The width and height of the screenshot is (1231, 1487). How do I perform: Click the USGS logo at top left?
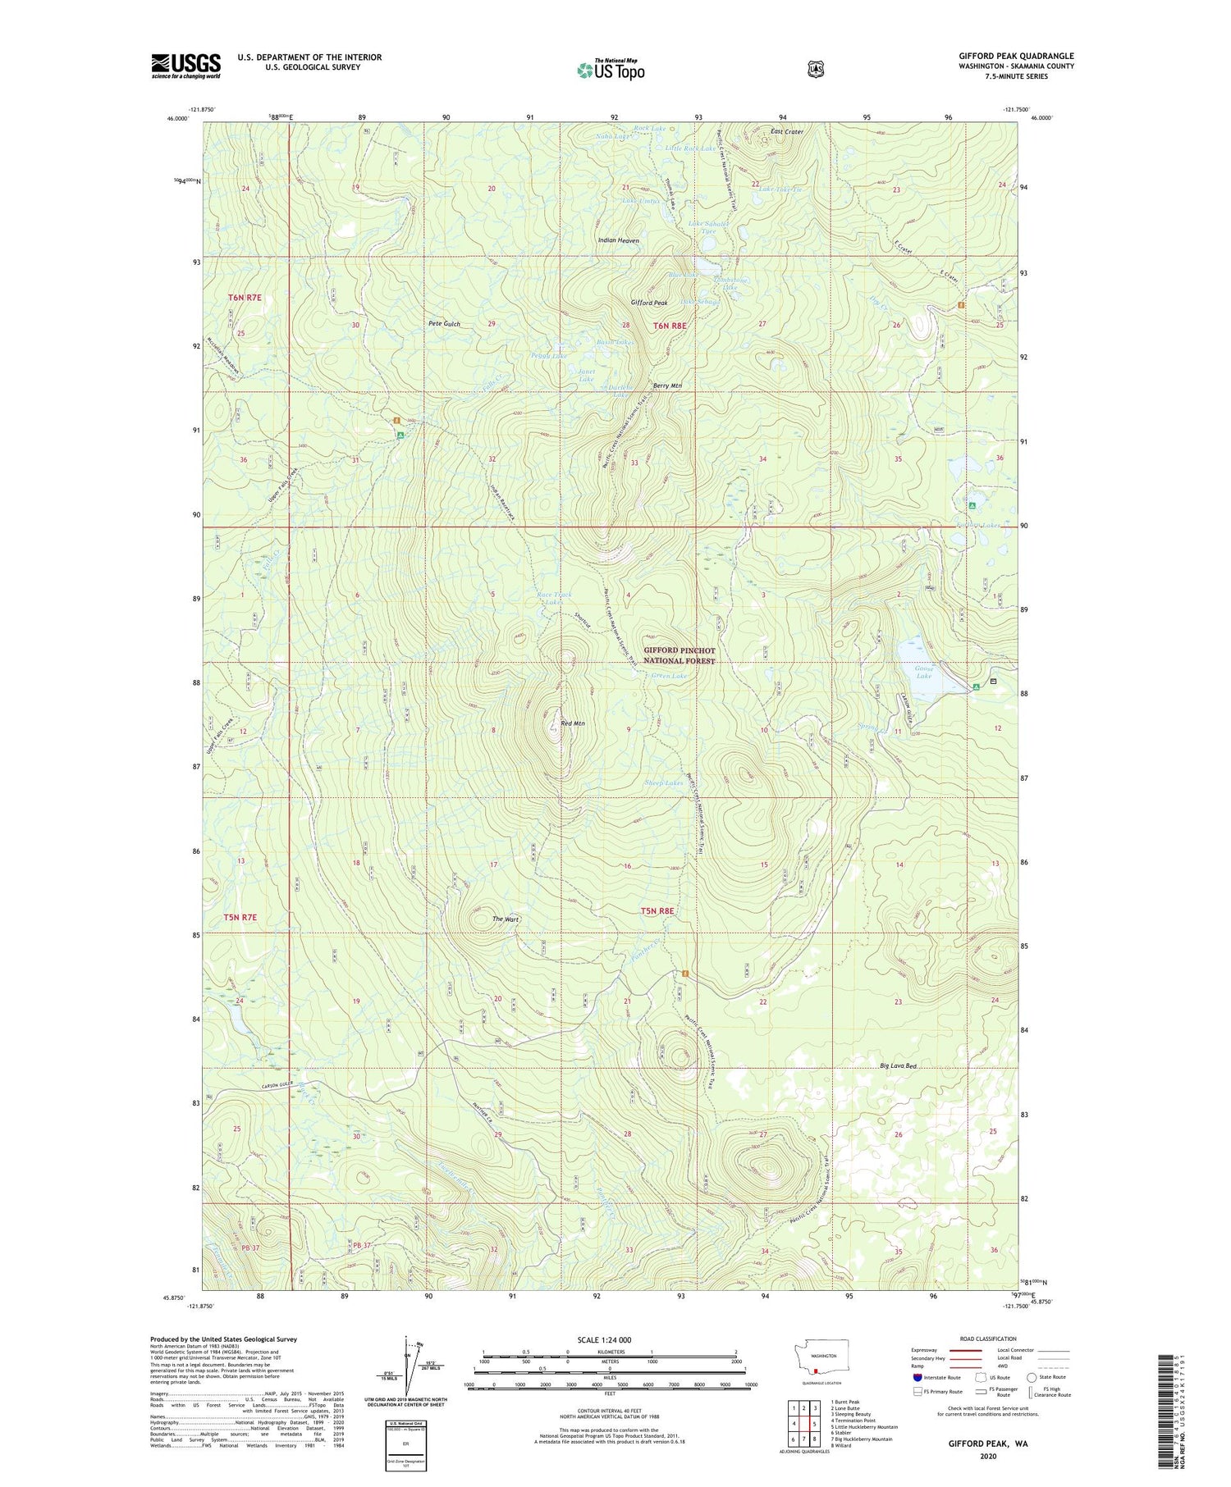click(185, 66)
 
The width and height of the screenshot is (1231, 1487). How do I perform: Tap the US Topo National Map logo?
click(611, 69)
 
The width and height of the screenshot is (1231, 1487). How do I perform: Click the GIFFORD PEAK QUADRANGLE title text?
click(1016, 56)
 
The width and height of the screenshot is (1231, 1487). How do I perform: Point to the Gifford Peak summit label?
click(648, 303)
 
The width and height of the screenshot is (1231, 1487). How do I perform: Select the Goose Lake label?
click(924, 672)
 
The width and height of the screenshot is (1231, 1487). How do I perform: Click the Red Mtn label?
click(572, 723)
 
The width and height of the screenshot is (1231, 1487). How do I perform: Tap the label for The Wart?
click(506, 919)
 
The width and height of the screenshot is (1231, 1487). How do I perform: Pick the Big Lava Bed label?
click(898, 1065)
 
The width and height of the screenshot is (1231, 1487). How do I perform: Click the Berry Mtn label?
click(667, 385)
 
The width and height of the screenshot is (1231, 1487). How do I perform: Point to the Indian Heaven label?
click(619, 240)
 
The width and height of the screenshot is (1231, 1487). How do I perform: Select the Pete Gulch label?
click(444, 324)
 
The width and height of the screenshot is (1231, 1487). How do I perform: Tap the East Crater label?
click(787, 131)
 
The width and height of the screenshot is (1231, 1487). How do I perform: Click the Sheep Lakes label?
click(663, 783)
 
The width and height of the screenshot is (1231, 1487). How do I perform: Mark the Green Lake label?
click(669, 676)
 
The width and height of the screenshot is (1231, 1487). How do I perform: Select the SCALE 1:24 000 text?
click(604, 1340)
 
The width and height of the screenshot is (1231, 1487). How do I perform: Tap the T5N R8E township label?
click(657, 910)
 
